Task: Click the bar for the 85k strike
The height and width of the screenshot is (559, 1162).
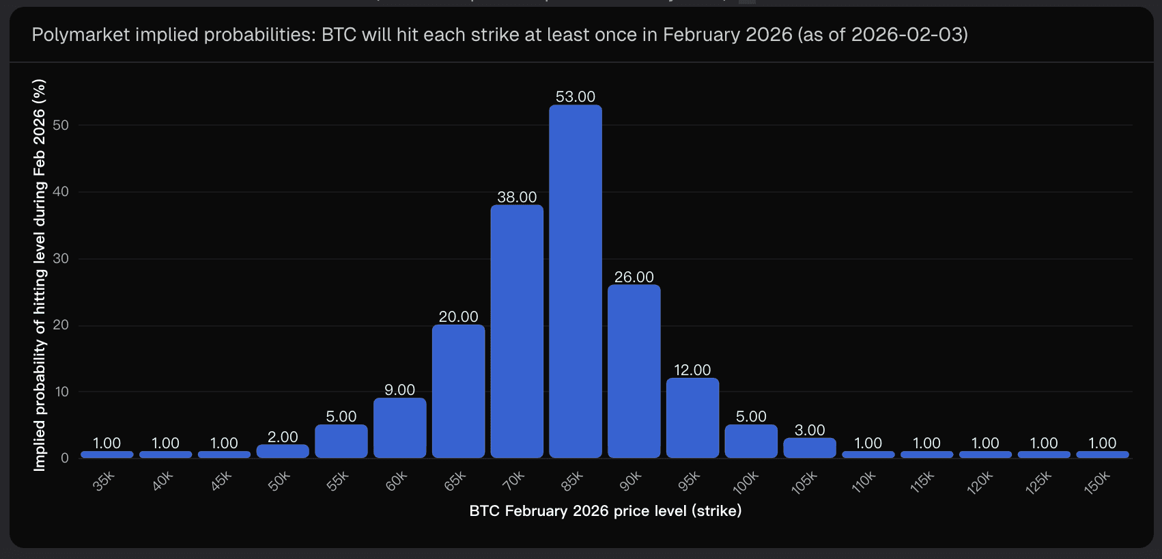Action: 576,281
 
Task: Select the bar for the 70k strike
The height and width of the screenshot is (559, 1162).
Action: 517,331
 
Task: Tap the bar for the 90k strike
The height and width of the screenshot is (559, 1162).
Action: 634,371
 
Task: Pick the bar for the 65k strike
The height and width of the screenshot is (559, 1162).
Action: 458,391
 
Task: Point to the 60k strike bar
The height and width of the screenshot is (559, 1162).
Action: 400,428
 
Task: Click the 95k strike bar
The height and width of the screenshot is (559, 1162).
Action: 692,418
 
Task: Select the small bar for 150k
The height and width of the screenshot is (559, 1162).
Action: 1102,454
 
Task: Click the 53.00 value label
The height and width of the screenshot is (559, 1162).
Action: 576,97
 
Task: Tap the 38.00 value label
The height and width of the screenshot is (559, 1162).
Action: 517,197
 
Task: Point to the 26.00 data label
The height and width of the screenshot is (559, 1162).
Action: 634,277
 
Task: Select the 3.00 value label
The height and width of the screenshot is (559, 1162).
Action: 810,431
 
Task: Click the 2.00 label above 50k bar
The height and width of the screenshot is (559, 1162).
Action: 283,437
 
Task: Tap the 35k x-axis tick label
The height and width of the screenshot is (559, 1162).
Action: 104,481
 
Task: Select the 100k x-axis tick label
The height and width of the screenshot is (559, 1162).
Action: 746,482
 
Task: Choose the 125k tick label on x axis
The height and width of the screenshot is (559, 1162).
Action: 1038,483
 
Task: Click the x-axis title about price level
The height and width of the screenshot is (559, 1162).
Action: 605,511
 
